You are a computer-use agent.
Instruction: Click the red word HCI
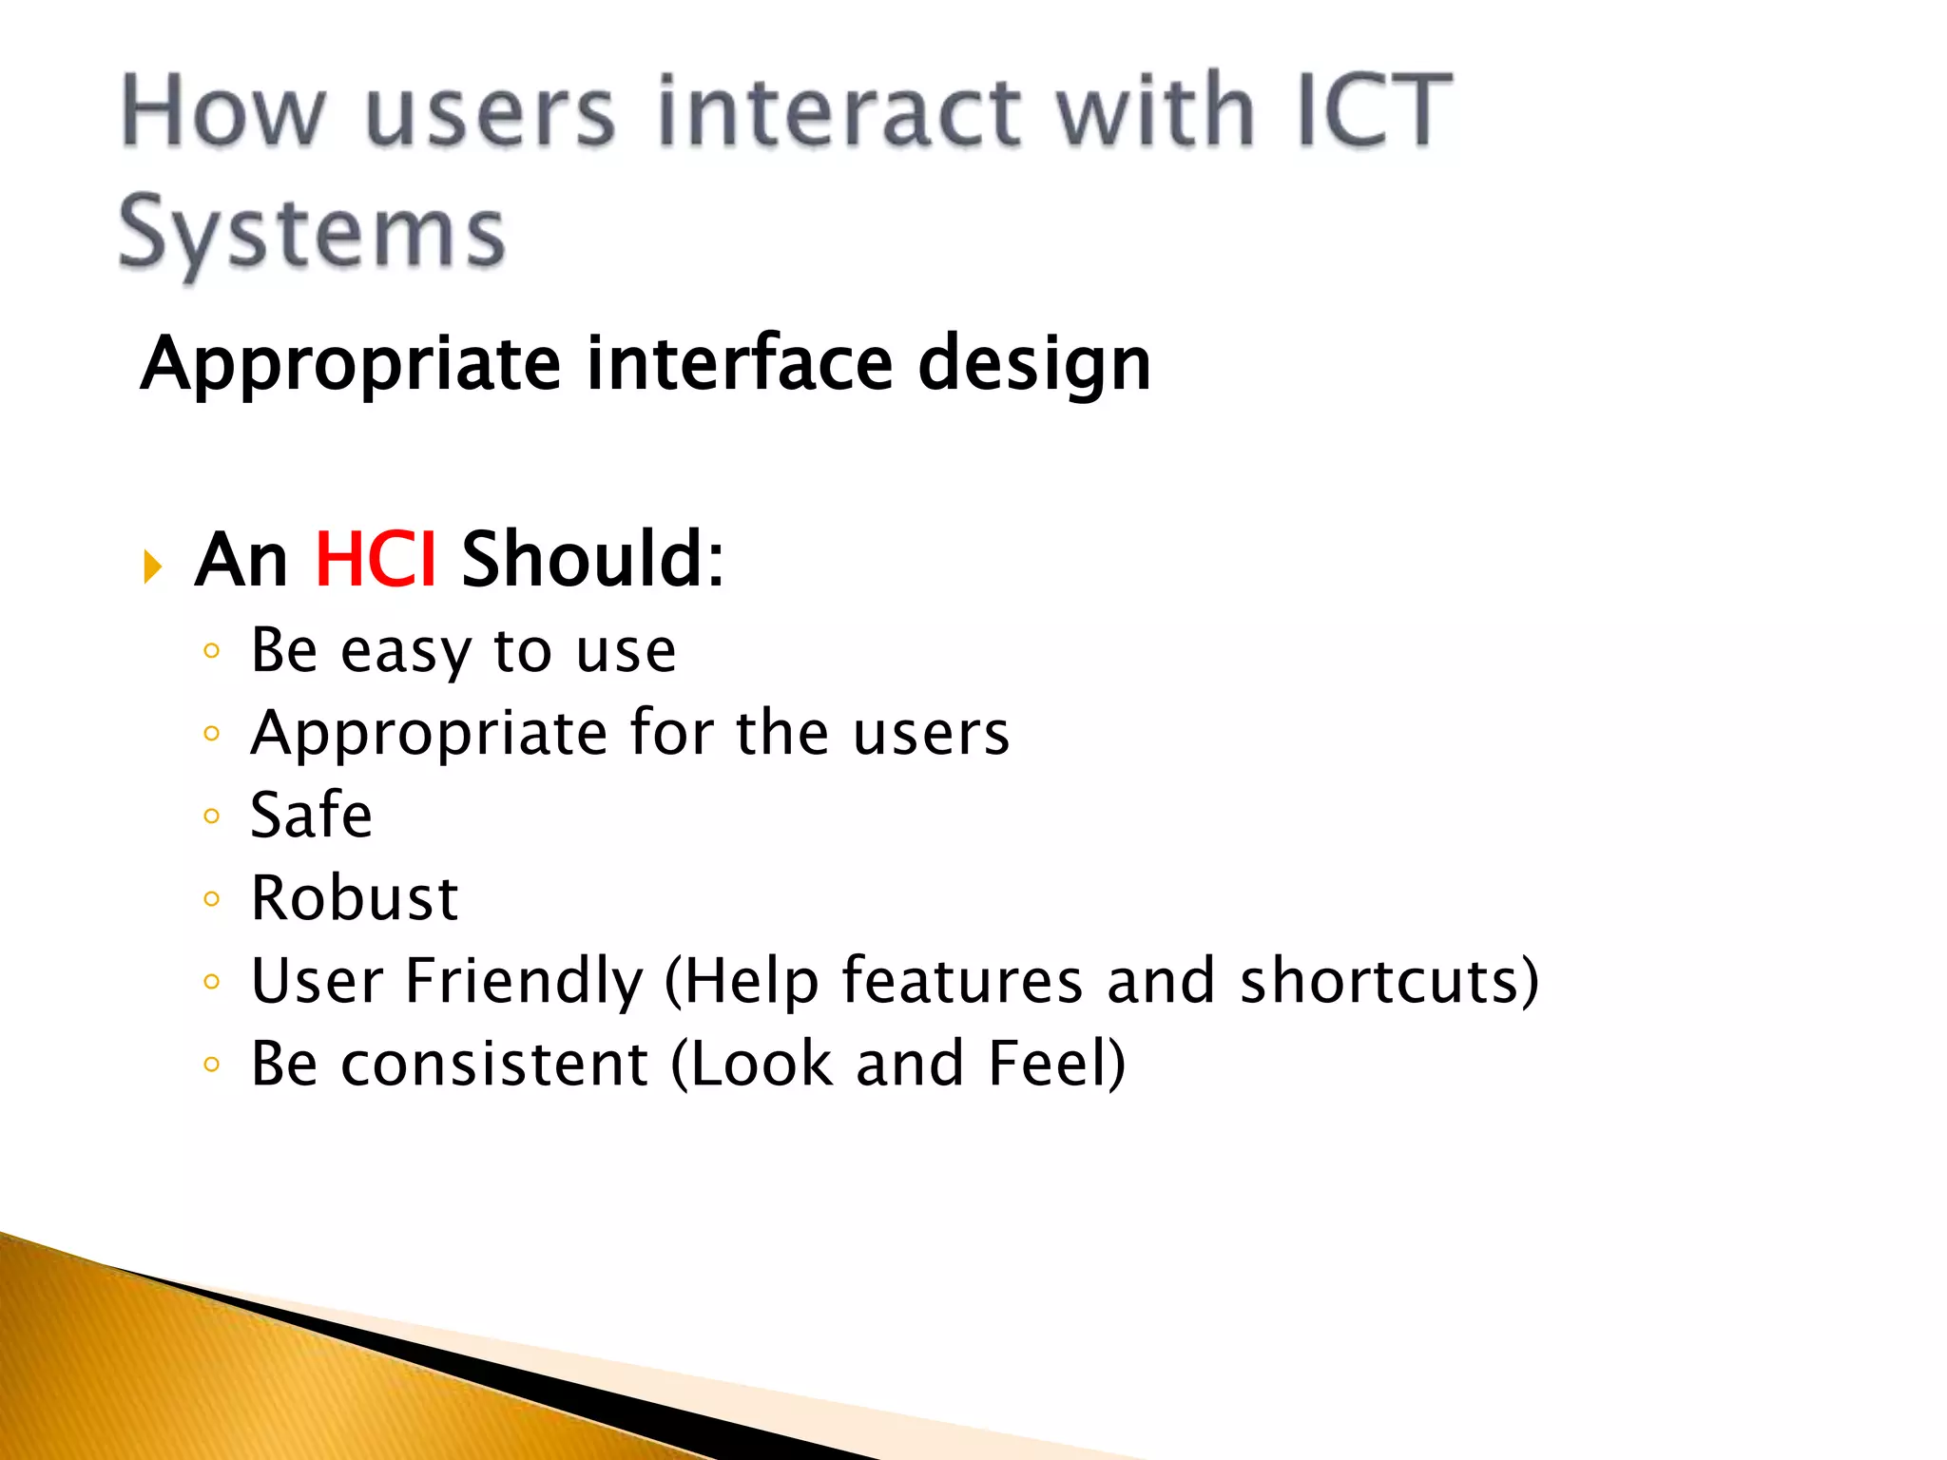[376, 560]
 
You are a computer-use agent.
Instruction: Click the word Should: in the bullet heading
[593, 560]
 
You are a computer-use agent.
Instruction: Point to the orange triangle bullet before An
[152, 567]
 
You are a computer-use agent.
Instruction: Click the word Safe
[311, 816]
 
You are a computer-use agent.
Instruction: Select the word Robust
[355, 898]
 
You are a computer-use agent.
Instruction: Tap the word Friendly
[524, 981]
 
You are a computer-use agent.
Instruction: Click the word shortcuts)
[1388, 981]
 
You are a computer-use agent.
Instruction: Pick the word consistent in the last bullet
[494, 1064]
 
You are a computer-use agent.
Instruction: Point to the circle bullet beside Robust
[212, 899]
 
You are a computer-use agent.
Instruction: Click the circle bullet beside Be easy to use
[212, 651]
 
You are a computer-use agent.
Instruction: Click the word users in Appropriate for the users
[931, 734]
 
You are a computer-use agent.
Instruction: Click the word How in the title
[224, 111]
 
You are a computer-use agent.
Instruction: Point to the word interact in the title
[839, 111]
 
